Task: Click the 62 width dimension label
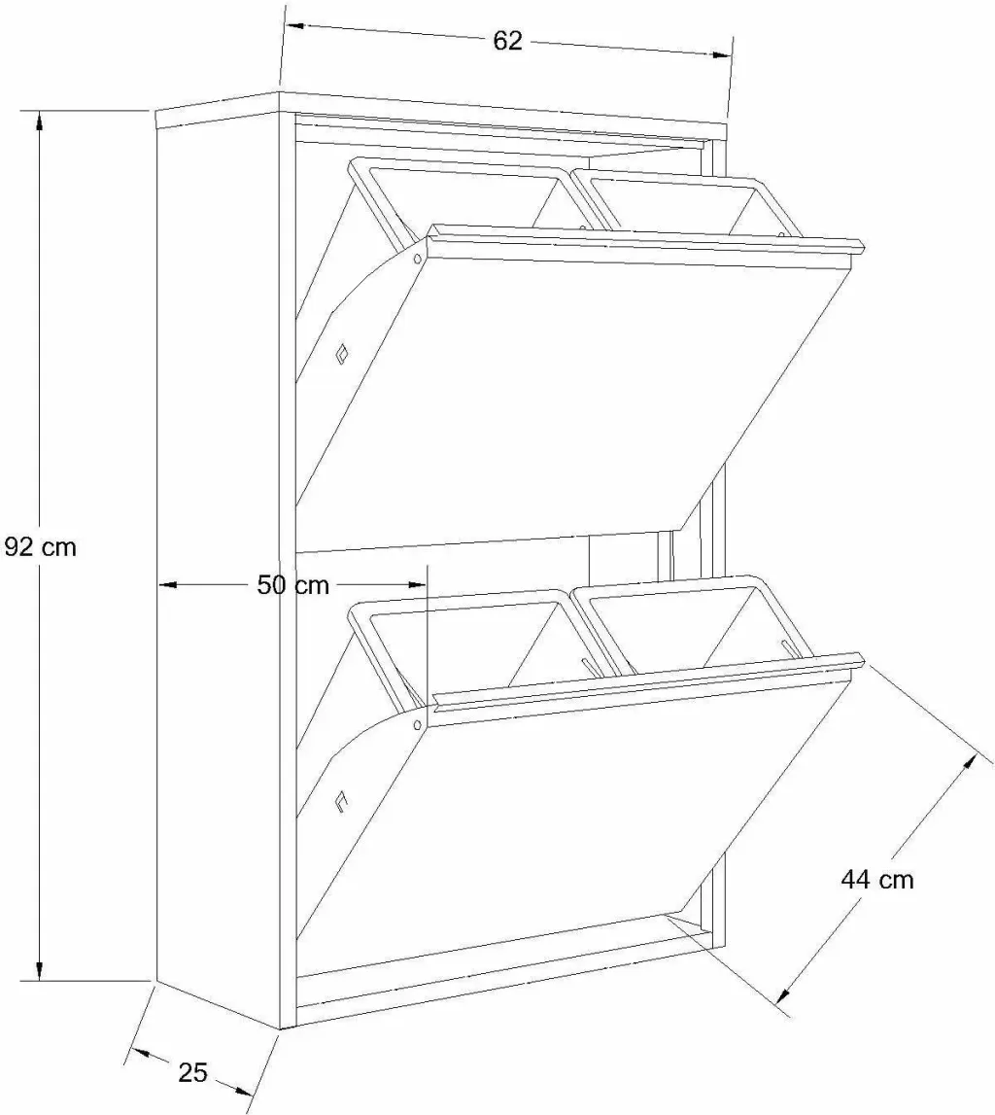(507, 41)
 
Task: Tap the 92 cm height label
(40, 547)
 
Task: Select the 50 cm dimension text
(292, 585)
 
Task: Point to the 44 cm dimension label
(877, 880)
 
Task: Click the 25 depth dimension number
(192, 1072)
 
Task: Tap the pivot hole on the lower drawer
(417, 724)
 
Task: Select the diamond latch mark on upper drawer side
(343, 354)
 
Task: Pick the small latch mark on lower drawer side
(342, 800)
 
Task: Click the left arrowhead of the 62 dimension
(295, 27)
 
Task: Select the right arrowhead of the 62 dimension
(721, 53)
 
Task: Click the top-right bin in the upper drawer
(675, 202)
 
